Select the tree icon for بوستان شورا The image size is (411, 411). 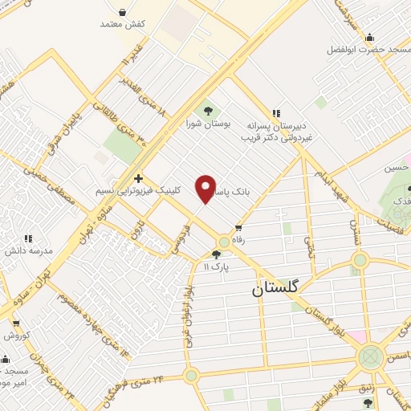tap(209, 109)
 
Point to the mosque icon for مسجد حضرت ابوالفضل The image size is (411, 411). tap(368, 37)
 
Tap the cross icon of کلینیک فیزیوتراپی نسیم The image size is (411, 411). tap(139, 178)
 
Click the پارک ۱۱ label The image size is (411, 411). tap(216, 266)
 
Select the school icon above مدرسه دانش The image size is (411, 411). tap(28, 238)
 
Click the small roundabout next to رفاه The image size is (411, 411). tap(224, 242)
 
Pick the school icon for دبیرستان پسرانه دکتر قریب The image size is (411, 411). tap(276, 113)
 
